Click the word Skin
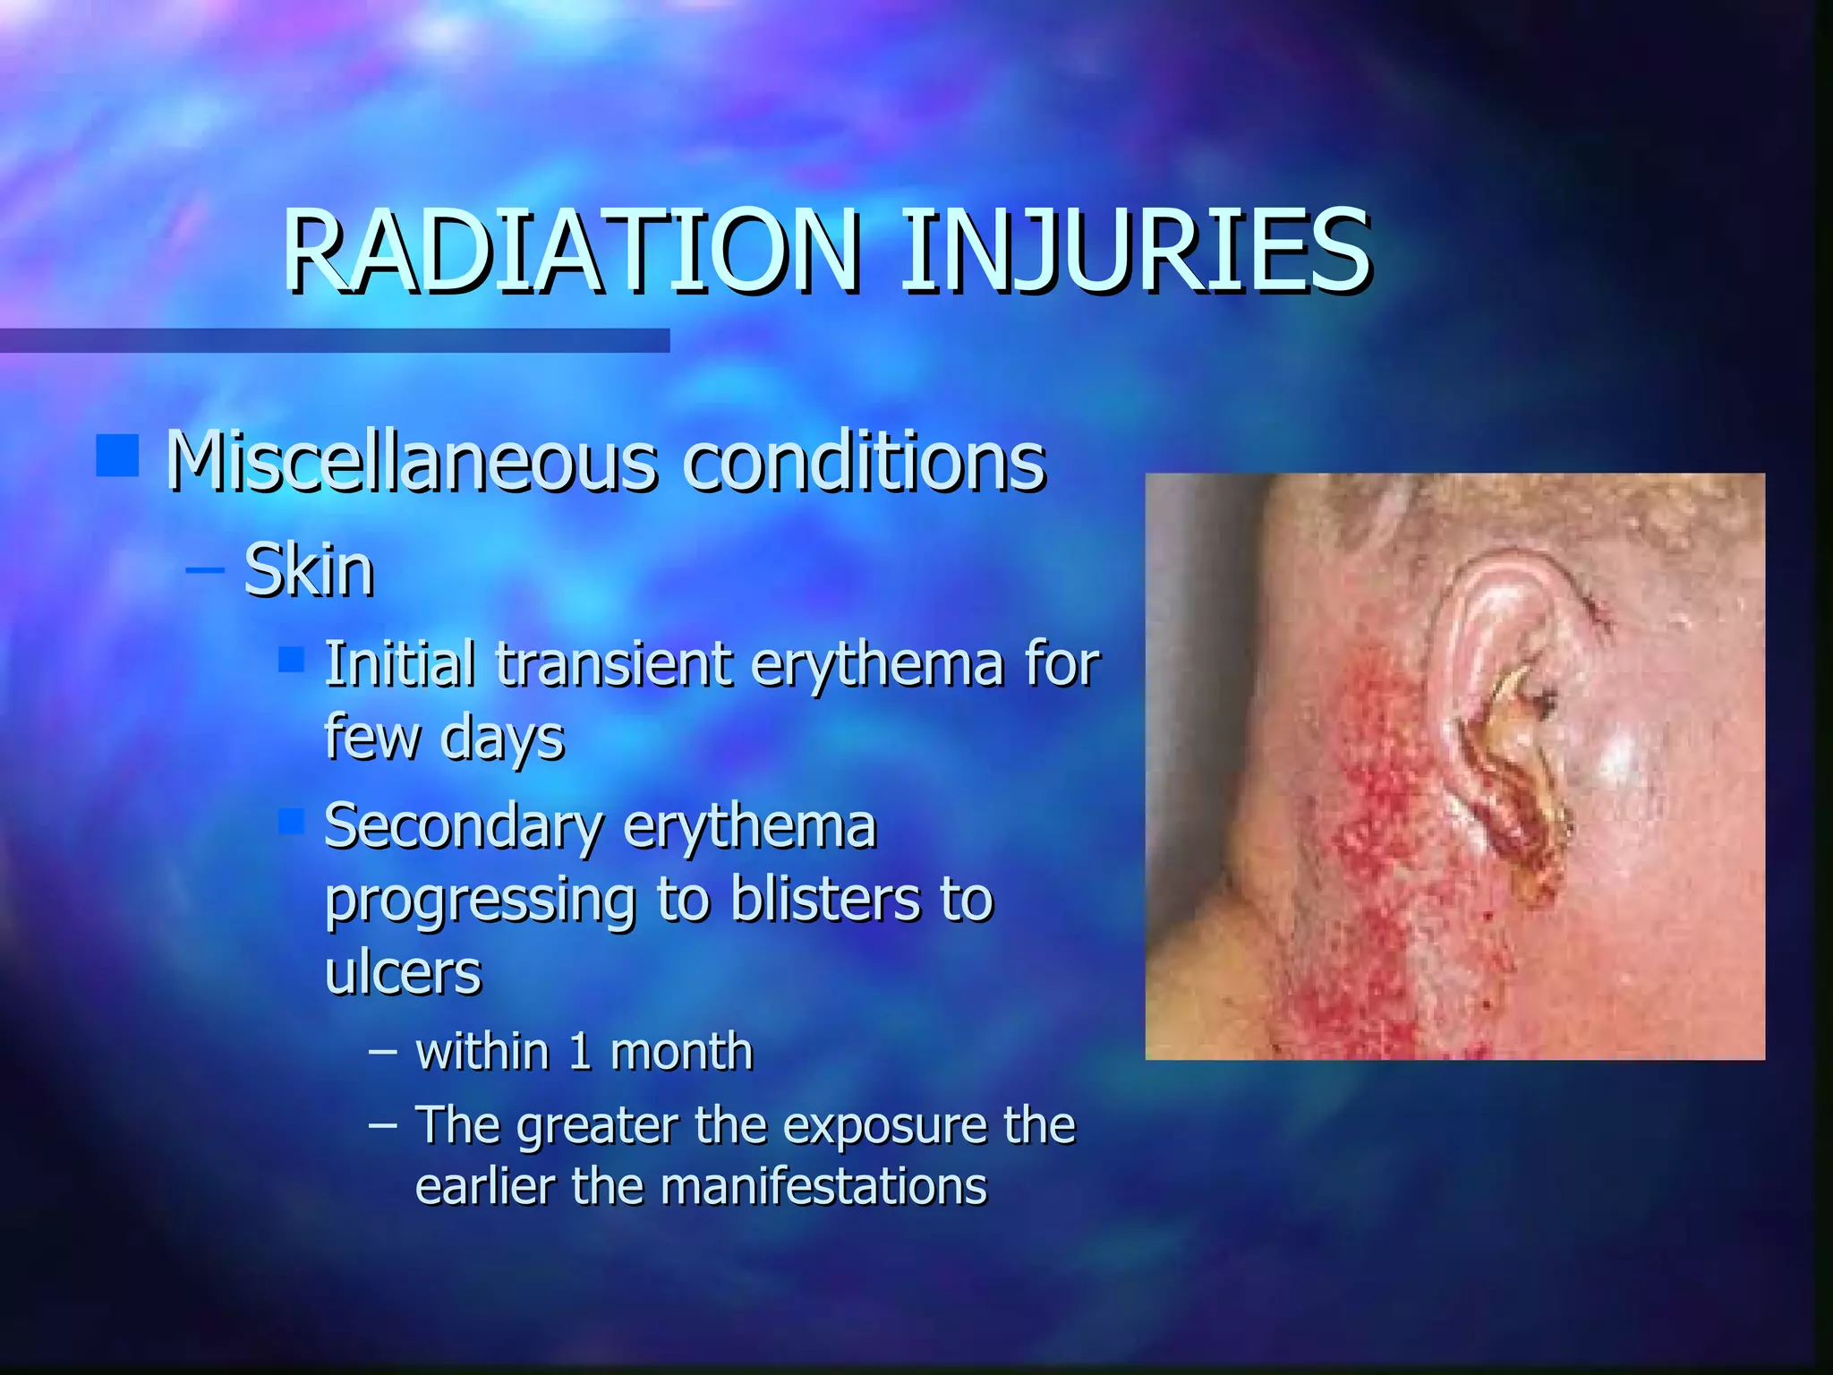[x=309, y=570]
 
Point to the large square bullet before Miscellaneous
[x=117, y=455]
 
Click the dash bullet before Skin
[x=205, y=569]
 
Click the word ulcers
[x=403, y=973]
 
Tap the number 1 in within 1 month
[x=580, y=1052]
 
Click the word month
[x=681, y=1052]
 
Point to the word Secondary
[x=463, y=826]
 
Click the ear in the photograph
[x=1504, y=716]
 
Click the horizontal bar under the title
[x=334, y=340]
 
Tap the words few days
[x=444, y=738]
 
